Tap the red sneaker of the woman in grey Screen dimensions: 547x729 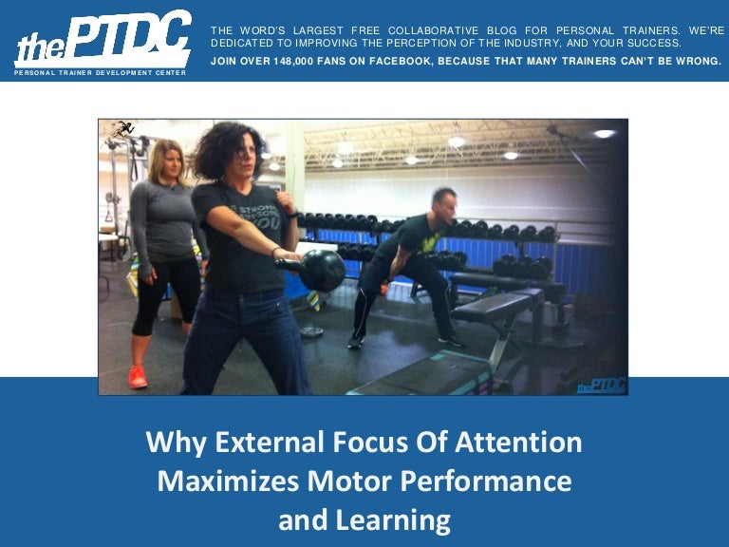[139, 376]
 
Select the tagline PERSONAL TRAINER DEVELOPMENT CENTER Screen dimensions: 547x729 [100, 73]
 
